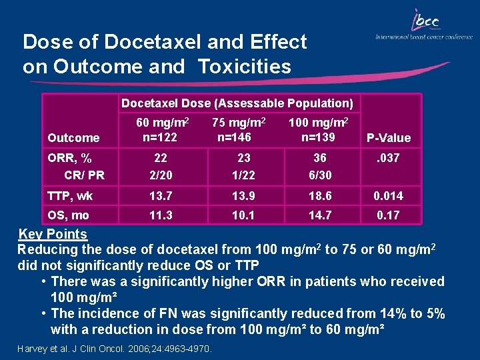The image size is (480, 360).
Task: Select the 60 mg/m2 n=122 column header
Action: point(163,129)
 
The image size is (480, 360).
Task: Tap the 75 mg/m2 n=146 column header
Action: point(239,129)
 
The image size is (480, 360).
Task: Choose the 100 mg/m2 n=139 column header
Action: point(318,129)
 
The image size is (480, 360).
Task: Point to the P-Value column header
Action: point(389,138)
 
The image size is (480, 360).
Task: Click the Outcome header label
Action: point(73,138)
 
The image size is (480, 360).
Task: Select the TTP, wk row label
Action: point(70,196)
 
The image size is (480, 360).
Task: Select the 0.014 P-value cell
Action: point(388,196)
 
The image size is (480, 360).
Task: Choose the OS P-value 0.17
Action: point(388,215)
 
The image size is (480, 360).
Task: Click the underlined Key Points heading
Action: point(53,234)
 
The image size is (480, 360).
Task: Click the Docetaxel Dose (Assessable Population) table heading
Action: point(237,103)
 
